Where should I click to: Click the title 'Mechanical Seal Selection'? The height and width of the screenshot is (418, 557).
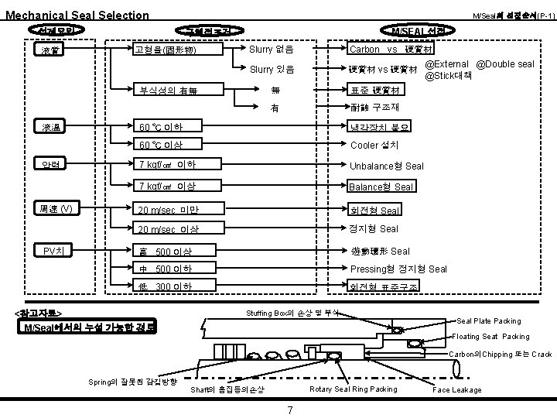[77, 15]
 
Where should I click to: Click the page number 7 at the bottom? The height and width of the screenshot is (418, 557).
[289, 409]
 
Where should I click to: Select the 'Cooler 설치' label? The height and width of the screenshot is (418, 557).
[374, 145]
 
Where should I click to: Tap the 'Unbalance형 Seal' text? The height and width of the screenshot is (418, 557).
[387, 166]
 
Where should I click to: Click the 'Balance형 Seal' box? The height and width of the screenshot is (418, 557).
[383, 187]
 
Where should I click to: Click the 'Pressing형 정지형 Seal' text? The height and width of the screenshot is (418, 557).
[398, 269]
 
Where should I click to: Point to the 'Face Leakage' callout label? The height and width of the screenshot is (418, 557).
[457, 390]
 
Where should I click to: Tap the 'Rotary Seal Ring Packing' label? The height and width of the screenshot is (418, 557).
[353, 389]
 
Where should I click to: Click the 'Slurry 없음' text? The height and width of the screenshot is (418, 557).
[271, 50]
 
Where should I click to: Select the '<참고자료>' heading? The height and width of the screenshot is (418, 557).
[39, 313]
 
